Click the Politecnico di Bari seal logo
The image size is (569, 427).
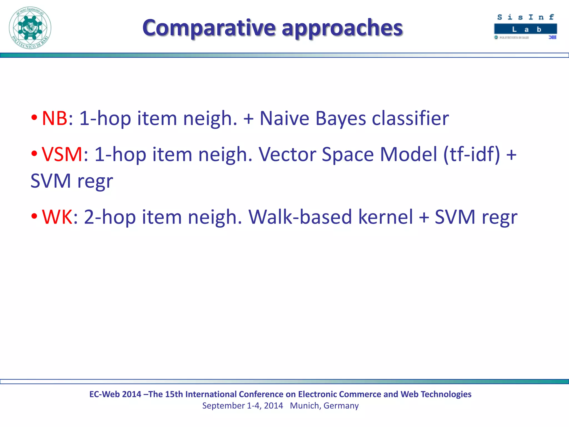pos(30,28)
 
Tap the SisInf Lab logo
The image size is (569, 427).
pos(525,27)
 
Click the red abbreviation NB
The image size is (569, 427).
pos(54,118)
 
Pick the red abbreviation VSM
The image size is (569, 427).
pos(62,154)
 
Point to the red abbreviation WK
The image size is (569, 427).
pos(57,217)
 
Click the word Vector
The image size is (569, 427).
pos(287,154)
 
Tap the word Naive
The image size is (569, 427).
pos(284,118)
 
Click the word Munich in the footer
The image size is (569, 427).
pos(304,406)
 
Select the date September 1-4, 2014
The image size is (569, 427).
pos(242,406)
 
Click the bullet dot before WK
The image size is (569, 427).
pos(34,216)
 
